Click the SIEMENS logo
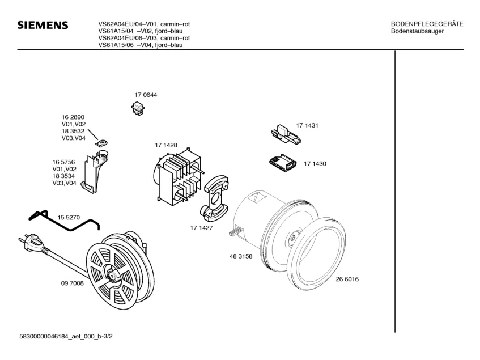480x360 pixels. click(x=43, y=26)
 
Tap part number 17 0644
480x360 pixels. click(x=146, y=95)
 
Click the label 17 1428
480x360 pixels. click(x=166, y=145)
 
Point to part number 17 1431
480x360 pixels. click(x=307, y=125)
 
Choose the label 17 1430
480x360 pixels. click(x=315, y=164)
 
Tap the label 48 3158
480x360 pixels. click(x=241, y=256)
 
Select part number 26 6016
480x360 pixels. click(x=347, y=279)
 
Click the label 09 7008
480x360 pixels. click(x=73, y=283)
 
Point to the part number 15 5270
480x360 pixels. click(x=69, y=217)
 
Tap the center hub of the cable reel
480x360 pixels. click(x=112, y=277)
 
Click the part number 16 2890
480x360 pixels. click(x=73, y=117)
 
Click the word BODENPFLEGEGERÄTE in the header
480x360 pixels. click(x=427, y=24)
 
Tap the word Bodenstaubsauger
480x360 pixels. click(x=417, y=31)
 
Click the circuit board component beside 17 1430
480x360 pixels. click(x=283, y=163)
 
